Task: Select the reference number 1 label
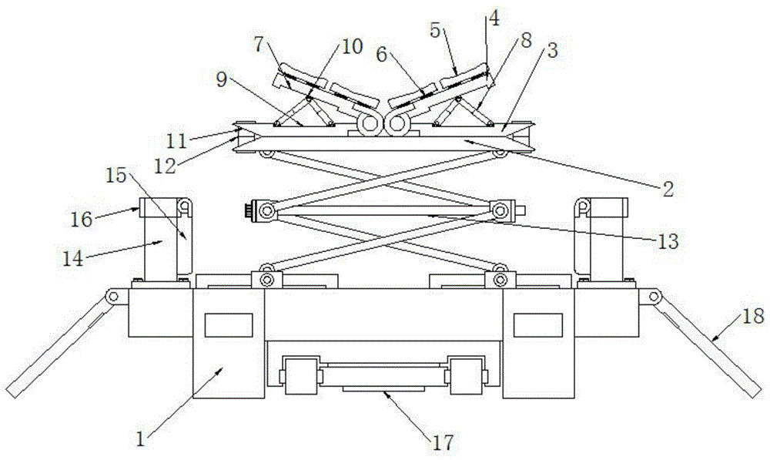click(x=140, y=439)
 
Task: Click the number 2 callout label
click(x=668, y=187)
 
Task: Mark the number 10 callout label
click(x=351, y=47)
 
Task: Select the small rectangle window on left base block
click(x=228, y=325)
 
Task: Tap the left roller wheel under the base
click(x=301, y=374)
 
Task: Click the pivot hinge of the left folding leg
click(x=115, y=297)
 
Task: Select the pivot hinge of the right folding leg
click(x=654, y=297)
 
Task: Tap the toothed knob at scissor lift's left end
click(x=249, y=209)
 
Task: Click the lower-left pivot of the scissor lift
click(x=268, y=275)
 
